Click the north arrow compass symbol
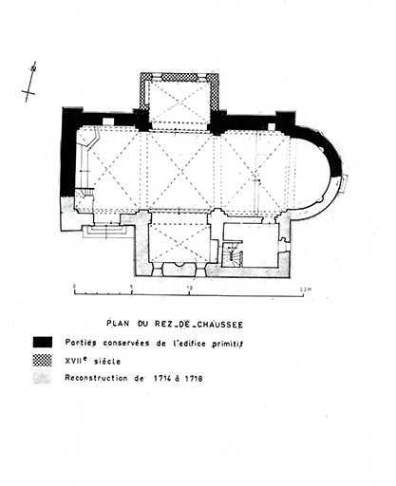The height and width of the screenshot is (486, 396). point(30,82)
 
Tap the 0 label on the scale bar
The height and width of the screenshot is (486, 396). point(74,287)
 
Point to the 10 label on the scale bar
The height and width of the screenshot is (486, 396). point(189,288)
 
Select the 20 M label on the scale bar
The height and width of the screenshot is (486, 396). point(305,289)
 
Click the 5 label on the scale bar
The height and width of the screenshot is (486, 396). point(132,288)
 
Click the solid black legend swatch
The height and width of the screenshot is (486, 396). point(43,342)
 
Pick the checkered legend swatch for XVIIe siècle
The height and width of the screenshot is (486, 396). point(43,361)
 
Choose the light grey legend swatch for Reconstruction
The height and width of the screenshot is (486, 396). point(42,378)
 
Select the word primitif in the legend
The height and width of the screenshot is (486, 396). point(227,344)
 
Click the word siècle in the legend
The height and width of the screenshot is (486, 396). point(107,362)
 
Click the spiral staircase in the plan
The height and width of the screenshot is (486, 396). point(232,255)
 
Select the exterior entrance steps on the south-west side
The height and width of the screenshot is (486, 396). point(106,231)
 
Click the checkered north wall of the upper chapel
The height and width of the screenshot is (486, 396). point(179,77)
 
